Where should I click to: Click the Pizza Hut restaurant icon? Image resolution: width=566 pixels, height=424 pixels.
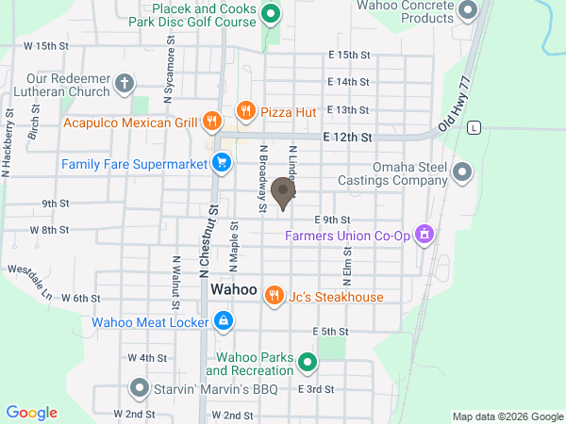pyautogui.click(x=245, y=111)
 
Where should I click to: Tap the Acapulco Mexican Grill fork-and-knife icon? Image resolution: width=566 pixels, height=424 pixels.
pyautogui.click(x=212, y=122)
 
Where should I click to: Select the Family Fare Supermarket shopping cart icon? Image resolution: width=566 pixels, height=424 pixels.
pyautogui.click(x=222, y=164)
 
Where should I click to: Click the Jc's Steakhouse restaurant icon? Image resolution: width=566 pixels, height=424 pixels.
pyautogui.click(x=274, y=296)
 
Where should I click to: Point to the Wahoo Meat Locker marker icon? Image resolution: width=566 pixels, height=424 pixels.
pyautogui.click(x=223, y=321)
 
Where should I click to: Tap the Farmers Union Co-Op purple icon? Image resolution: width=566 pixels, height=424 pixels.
pyautogui.click(x=424, y=232)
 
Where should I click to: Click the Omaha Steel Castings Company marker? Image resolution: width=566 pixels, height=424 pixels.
pyautogui.click(x=462, y=171)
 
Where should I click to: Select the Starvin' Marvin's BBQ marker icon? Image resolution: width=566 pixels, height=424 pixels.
pyautogui.click(x=139, y=387)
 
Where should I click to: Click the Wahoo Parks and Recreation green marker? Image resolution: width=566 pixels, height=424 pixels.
pyautogui.click(x=307, y=361)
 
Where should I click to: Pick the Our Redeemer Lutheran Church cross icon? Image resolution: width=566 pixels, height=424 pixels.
pyautogui.click(x=124, y=85)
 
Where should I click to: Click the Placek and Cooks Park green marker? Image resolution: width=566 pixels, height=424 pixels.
pyautogui.click(x=271, y=13)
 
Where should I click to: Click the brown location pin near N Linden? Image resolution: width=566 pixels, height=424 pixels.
pyautogui.click(x=282, y=193)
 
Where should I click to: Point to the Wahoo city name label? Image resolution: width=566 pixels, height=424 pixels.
pyautogui.click(x=234, y=289)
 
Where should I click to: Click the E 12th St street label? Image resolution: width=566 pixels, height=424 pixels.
pyautogui.click(x=348, y=137)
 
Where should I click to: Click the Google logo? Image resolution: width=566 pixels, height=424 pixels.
pyautogui.click(x=32, y=412)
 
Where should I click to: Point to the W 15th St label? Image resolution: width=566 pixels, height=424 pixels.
pyautogui.click(x=47, y=45)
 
